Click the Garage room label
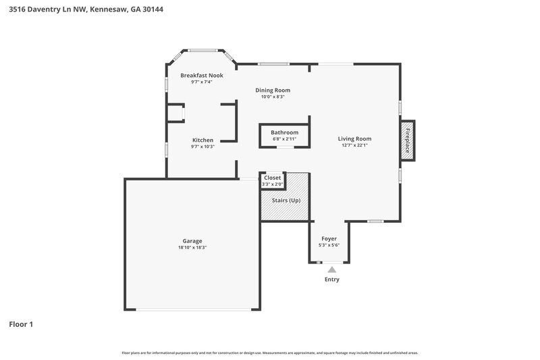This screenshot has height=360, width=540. pyautogui.click(x=192, y=241)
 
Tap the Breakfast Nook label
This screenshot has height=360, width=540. pyautogui.click(x=202, y=76)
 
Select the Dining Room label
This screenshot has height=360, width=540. pyautogui.click(x=273, y=90)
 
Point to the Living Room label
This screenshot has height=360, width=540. pyautogui.click(x=355, y=139)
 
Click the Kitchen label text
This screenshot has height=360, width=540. pyautogui.click(x=202, y=140)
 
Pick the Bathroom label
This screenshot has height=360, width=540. pyautogui.click(x=285, y=132)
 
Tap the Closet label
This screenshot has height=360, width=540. pyautogui.click(x=273, y=178)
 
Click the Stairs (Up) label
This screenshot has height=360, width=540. pyautogui.click(x=286, y=201)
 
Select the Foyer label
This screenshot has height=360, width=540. pyautogui.click(x=329, y=238)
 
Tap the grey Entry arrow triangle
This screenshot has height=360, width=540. pyautogui.click(x=331, y=269)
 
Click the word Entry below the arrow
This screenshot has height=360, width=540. pyautogui.click(x=331, y=280)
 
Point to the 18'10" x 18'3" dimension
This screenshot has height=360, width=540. pyautogui.click(x=192, y=248)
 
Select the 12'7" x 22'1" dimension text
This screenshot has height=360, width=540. pyautogui.click(x=355, y=146)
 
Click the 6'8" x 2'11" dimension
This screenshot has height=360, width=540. pyautogui.click(x=285, y=139)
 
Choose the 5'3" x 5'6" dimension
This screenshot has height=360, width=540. pyautogui.click(x=329, y=245)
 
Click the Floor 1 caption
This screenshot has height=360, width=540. pyautogui.click(x=21, y=324)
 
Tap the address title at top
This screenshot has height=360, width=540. pyautogui.click(x=86, y=9)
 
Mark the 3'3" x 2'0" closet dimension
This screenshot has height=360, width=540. pyautogui.click(x=273, y=184)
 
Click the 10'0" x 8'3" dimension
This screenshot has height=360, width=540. pyautogui.click(x=273, y=97)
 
